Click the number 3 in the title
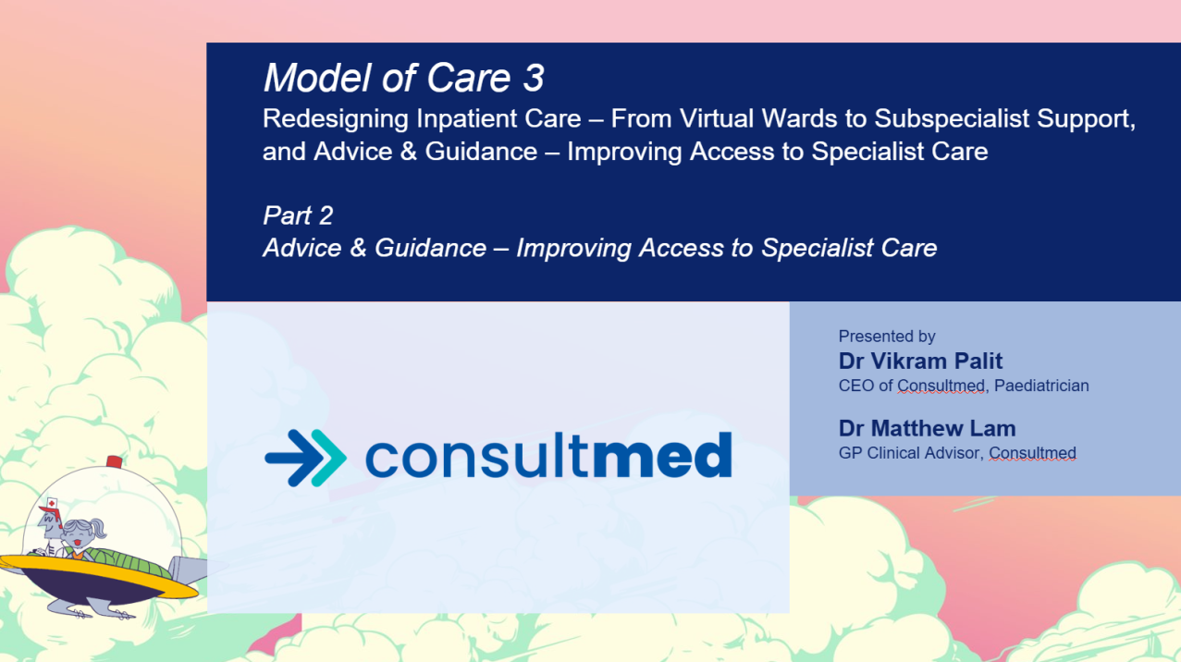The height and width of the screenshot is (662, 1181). pyautogui.click(x=533, y=79)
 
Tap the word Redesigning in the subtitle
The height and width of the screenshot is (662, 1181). pyautogui.click(x=336, y=119)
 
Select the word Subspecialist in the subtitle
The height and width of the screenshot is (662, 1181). pyautogui.click(x=952, y=118)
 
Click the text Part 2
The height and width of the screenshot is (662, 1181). pyautogui.click(x=298, y=215)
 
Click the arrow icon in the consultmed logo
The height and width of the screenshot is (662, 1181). pyautogui.click(x=306, y=458)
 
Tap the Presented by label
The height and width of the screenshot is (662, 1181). pyautogui.click(x=887, y=337)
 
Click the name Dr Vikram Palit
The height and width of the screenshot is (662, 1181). pyautogui.click(x=920, y=361)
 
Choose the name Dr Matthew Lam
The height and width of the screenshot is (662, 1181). pyautogui.click(x=927, y=428)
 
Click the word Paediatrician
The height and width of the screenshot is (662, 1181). pyautogui.click(x=1041, y=386)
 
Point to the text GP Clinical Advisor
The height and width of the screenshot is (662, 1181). pyautogui.click(x=909, y=453)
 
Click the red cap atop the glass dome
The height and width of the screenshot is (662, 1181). pyautogui.click(x=115, y=462)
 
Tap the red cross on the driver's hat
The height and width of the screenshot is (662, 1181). pyautogui.click(x=52, y=503)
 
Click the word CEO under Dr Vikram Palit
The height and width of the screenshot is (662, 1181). pyautogui.click(x=855, y=386)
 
